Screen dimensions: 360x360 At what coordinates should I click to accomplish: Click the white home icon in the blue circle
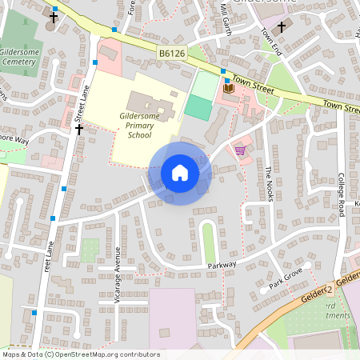[x=180, y=173]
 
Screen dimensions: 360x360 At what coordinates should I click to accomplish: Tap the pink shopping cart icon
[x=239, y=150]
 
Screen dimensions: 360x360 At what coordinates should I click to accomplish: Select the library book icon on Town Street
[x=229, y=89]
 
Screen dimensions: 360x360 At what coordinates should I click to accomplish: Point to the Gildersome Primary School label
[x=139, y=125]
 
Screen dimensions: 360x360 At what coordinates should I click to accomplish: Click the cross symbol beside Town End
[x=281, y=26]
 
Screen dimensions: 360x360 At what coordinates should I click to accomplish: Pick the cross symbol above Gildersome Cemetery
[x=54, y=16]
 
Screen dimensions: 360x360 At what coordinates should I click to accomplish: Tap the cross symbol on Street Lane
[x=79, y=129]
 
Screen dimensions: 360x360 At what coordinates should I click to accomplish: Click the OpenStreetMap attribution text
[x=80, y=354]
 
